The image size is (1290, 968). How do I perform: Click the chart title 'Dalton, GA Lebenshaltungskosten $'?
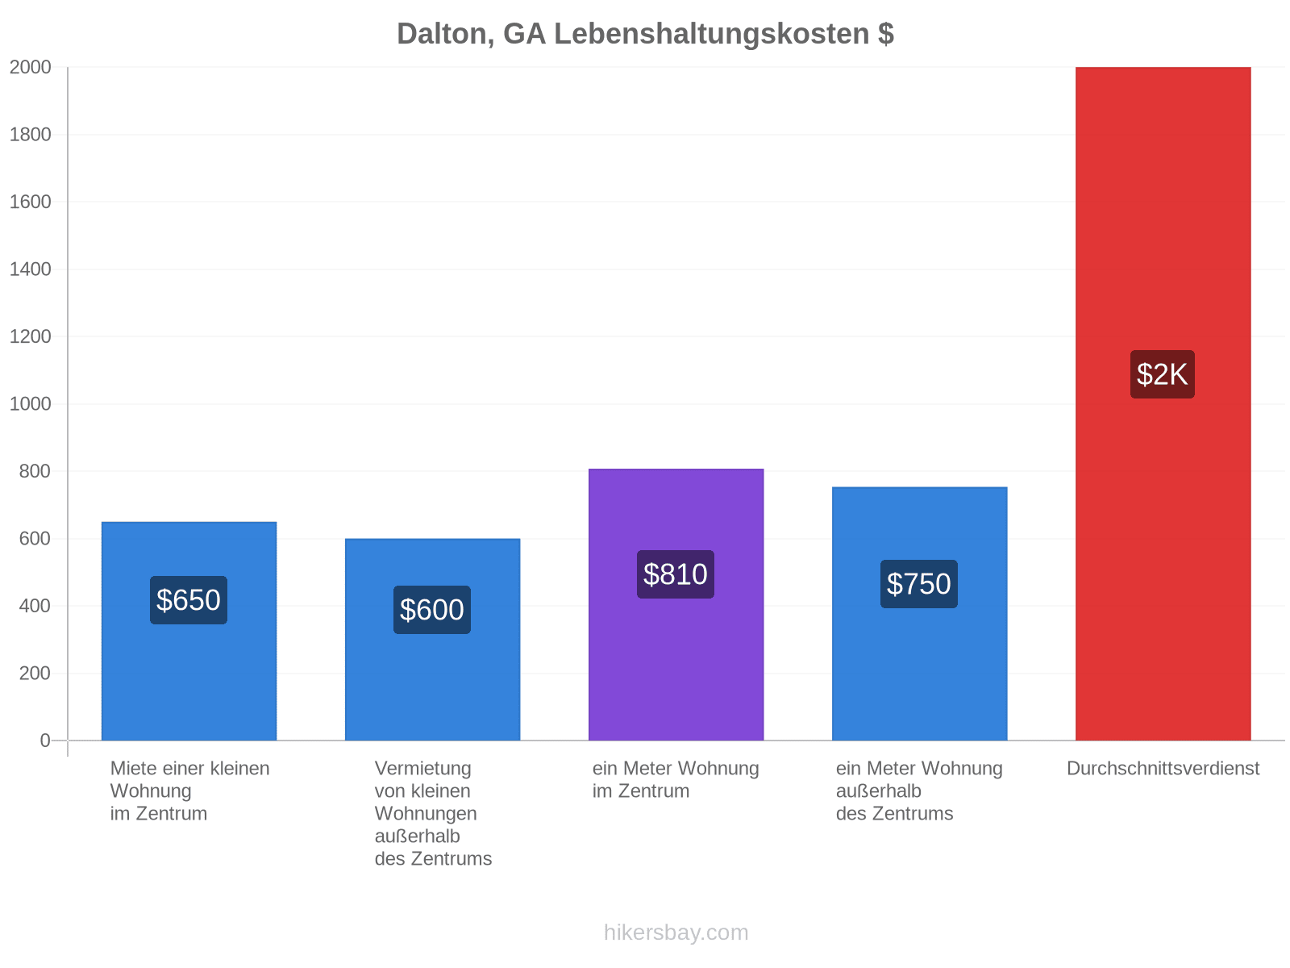coord(645,34)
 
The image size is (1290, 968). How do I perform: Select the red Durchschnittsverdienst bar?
coord(1163,403)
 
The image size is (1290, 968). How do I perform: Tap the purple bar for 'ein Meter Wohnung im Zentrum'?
coord(676,604)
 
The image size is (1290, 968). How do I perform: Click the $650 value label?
coord(188,600)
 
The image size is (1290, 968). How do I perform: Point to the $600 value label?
coord(432,610)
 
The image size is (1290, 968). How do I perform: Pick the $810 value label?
coord(676,574)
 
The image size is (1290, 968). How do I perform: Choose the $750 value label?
coord(918,583)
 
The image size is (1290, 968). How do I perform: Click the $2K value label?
coord(1162,374)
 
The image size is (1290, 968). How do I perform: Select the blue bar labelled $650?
coord(189,631)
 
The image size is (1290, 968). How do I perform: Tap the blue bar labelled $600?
coord(432,640)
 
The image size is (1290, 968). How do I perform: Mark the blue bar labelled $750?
coord(919,614)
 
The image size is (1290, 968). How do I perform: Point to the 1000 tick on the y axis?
coord(31,404)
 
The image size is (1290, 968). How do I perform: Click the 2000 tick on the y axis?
coord(31,67)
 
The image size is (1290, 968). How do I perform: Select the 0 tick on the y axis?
coord(45,741)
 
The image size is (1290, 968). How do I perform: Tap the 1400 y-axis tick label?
coord(31,269)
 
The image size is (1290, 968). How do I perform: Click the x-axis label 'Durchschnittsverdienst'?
coord(1163,768)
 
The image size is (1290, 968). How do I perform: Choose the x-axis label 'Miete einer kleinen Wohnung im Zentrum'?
coord(189,791)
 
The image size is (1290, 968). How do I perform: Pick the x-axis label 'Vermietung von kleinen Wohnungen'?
coord(426,791)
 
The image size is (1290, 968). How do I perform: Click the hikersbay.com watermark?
coord(676,933)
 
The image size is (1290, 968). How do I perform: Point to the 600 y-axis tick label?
coord(35,538)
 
